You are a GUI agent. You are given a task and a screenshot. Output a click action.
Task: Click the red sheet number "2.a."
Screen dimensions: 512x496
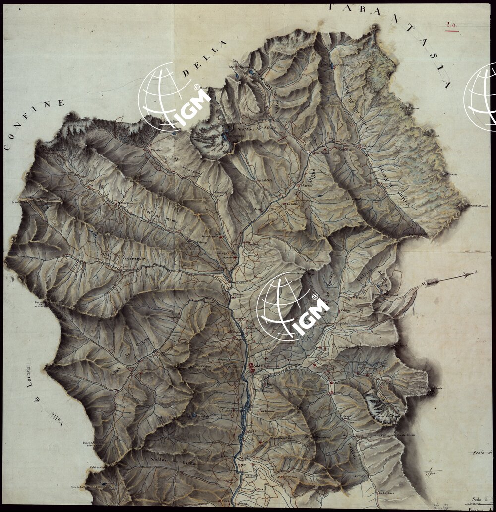point(451,24)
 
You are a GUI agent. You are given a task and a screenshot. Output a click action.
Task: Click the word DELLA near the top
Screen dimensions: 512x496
point(203,59)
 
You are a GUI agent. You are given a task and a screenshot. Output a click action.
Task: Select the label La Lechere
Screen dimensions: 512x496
point(390,493)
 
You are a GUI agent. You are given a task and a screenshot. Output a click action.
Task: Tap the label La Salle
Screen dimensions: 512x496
point(292,203)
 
